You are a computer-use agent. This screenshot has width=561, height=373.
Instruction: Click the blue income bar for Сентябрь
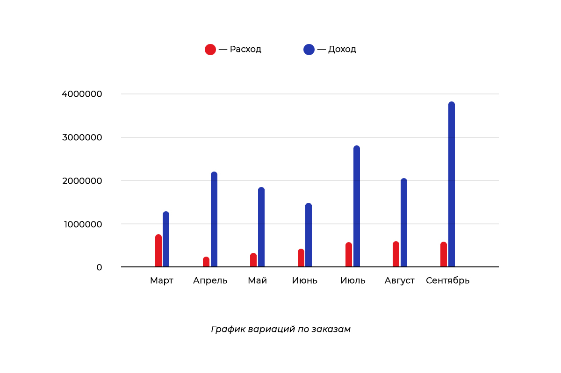pos(452,185)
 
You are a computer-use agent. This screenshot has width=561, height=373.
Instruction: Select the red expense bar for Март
pos(158,251)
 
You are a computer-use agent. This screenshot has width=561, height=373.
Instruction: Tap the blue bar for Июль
pos(357,207)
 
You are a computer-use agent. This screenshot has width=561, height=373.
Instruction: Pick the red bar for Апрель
pos(206,262)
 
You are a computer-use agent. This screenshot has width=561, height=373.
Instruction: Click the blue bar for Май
pos(261,228)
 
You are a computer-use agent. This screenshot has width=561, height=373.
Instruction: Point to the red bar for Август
pos(396,254)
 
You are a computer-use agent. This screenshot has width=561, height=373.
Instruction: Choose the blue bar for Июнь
pos(309,235)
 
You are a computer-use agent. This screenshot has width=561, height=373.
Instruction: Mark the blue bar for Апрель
pos(214,220)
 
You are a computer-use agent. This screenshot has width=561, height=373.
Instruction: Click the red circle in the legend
pos(210,49)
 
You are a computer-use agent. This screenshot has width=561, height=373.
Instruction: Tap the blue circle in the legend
pos(309,49)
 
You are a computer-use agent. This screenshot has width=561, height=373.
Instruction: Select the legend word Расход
pos(245,49)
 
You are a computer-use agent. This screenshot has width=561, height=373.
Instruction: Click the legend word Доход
pos(342,49)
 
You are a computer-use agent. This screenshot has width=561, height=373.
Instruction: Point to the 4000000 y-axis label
pos(82,94)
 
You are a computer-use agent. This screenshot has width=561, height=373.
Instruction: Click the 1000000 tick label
pos(82,224)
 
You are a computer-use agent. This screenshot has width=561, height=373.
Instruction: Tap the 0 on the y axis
pos(99,267)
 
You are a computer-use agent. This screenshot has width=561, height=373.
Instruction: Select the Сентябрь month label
pos(448,280)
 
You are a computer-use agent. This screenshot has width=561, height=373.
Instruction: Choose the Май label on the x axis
pos(258,280)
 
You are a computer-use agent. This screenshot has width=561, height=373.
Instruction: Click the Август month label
pos(400,281)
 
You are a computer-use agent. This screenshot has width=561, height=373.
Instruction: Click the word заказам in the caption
pos(333,329)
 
